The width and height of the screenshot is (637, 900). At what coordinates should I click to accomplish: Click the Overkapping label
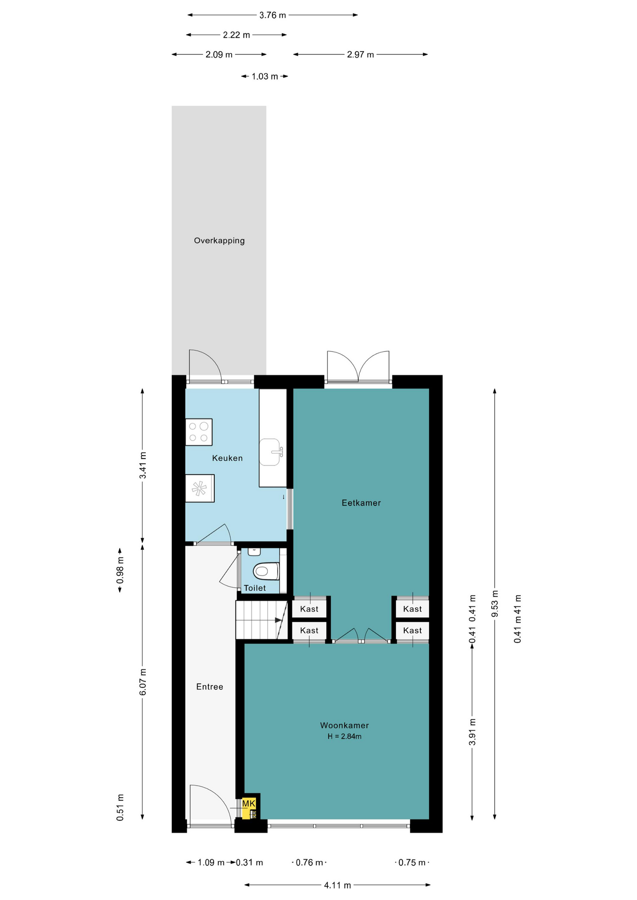point(219,240)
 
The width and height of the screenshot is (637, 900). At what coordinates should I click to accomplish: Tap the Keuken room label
point(227,458)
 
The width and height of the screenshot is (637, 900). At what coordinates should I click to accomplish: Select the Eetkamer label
point(361,502)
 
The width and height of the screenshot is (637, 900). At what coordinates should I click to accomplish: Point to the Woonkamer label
point(344,725)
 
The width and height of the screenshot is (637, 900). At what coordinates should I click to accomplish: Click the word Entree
point(210,687)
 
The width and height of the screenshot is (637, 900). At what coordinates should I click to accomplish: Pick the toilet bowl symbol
point(266,571)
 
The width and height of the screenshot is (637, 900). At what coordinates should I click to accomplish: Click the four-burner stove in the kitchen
point(199,432)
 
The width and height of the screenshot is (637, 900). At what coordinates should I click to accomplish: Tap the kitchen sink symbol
point(271,452)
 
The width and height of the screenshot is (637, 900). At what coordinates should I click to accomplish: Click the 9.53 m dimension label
point(494,604)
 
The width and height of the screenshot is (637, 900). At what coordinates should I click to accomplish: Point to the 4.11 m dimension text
point(337,885)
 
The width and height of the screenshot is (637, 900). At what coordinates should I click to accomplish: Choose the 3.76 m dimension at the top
point(273,15)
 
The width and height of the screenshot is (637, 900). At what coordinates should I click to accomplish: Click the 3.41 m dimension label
point(143,465)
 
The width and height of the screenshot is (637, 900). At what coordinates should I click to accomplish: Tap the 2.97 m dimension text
point(360,54)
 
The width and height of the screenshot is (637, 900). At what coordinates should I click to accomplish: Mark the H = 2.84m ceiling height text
point(344,736)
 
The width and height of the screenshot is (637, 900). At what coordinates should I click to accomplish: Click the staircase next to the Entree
point(261,620)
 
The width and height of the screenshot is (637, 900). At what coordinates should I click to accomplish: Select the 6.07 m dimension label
point(143,682)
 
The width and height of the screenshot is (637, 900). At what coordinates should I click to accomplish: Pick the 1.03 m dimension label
point(265,76)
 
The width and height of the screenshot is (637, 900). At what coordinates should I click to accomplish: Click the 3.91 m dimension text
point(472,732)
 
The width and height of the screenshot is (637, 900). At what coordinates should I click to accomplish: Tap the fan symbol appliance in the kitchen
point(200,488)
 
